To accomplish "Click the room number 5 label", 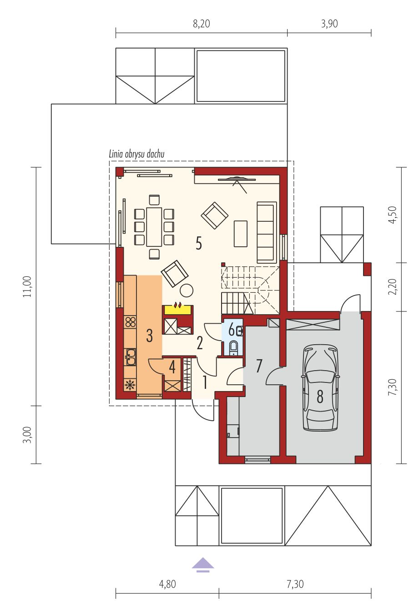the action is click(198, 243).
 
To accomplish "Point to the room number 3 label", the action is click(149, 335).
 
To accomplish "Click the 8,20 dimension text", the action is click(202, 24).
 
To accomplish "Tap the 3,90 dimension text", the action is click(329, 24).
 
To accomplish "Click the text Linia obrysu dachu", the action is click(136, 154).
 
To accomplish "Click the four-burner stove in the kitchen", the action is click(130, 322).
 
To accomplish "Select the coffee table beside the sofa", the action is click(241, 234).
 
